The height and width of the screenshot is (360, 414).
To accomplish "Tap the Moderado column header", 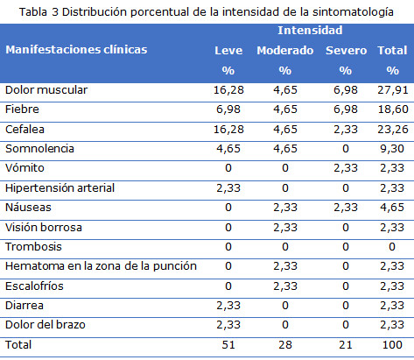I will tap(284, 50).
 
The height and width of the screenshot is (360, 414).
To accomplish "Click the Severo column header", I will tap(346, 50).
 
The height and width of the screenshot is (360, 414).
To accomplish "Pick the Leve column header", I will tap(228, 50).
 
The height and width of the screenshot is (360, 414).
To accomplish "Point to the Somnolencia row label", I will tap(39, 149).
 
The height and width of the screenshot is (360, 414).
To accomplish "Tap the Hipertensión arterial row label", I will tap(59, 187).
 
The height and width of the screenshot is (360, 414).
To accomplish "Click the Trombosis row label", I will tap(32, 246).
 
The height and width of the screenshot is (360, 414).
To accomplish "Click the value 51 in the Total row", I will tap(229, 344).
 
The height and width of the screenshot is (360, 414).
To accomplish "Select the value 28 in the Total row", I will tap(285, 344).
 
